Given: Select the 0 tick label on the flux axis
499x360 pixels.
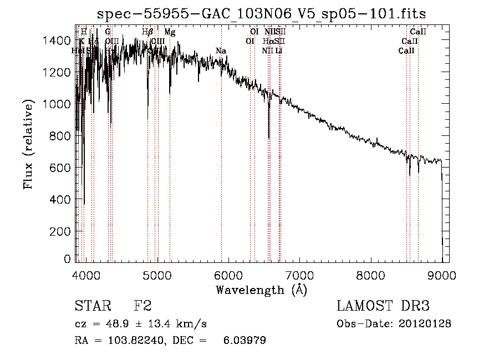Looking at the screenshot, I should (x=68, y=259).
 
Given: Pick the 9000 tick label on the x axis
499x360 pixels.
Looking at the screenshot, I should (x=442, y=275).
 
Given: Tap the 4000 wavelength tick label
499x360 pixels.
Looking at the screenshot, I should (x=86, y=275).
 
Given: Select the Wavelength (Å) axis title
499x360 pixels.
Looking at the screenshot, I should (x=261, y=290).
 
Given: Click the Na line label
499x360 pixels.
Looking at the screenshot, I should (x=221, y=51).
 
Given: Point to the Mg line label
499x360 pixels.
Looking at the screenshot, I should (x=170, y=32).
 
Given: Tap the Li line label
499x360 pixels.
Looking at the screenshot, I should (x=279, y=51).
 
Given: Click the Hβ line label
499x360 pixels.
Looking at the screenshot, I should (x=147, y=32).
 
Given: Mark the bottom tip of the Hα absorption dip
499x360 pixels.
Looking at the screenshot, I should (x=269, y=138).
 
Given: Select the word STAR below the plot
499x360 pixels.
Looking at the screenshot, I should (x=91, y=306).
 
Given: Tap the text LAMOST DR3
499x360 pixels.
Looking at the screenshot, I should (x=383, y=306).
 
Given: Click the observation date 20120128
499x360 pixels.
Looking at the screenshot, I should (x=426, y=323).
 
